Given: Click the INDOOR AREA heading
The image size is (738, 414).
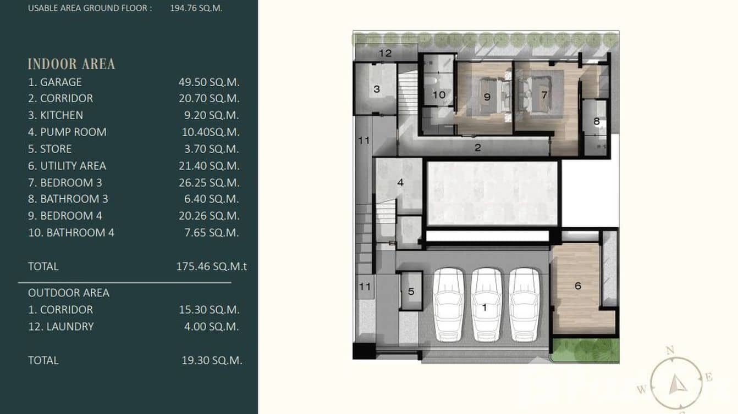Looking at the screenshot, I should click(71, 64).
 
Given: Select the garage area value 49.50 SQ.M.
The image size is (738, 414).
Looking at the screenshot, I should click(209, 82).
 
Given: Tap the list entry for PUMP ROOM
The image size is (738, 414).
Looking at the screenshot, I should click(73, 132).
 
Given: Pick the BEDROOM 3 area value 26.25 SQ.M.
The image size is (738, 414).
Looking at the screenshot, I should click(209, 183).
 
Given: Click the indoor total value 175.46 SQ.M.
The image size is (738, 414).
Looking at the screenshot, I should click(211, 267).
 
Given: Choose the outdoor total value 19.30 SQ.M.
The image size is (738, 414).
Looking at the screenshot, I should click(212, 361).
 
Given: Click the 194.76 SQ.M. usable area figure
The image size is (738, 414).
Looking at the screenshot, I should click(196, 8).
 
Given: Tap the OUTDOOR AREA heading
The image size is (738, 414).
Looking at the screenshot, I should click(69, 293).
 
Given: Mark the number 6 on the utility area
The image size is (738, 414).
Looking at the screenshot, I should click(577, 286).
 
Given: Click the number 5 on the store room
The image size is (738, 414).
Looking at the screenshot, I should click(411, 292).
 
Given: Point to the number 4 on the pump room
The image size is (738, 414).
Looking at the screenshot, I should click(400, 182).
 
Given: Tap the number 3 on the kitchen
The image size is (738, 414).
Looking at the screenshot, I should click(377, 89).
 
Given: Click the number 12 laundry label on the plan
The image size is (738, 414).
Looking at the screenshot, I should click(385, 53).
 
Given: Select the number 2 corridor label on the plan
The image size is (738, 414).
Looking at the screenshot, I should click(478, 147).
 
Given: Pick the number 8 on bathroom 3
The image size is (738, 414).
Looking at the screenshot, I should click(597, 121).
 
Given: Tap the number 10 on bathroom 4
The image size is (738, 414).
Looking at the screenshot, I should click(439, 95).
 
